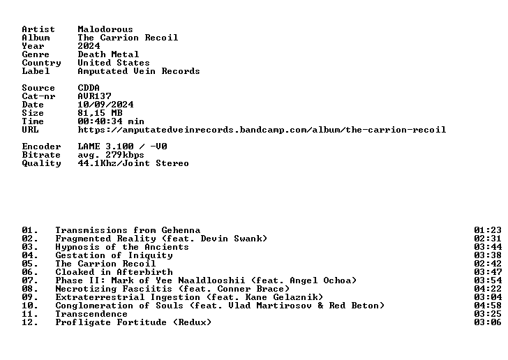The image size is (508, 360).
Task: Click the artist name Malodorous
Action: pyautogui.click(x=105, y=29)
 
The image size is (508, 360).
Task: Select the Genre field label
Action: pyautogui.click(x=36, y=54)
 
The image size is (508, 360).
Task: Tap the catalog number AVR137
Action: pyautogui.click(x=94, y=96)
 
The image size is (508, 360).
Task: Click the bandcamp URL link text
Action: pyautogui.click(x=262, y=130)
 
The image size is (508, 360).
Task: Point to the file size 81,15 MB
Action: pyautogui.click(x=100, y=113)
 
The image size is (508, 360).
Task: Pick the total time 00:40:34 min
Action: pyautogui.click(x=111, y=121)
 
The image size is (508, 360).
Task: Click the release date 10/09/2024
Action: pyautogui.click(x=105, y=105)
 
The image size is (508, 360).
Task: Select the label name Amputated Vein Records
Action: pyautogui.click(x=139, y=71)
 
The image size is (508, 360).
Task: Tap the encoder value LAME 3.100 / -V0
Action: pyautogui.click(x=123, y=147)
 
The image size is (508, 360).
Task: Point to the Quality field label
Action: pyautogui.click(x=41, y=163)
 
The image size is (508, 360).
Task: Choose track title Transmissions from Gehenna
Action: pyautogui.click(x=128, y=230)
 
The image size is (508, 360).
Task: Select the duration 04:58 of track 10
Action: pyautogui.click(x=488, y=306)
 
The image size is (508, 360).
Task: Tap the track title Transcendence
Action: pyautogui.click(x=91, y=314)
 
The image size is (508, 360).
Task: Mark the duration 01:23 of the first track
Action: pyautogui.click(x=488, y=230)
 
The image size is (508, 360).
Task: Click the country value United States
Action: pyautogui.click(x=114, y=63)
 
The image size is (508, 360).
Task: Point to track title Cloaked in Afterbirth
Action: pyautogui.click(x=114, y=272)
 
